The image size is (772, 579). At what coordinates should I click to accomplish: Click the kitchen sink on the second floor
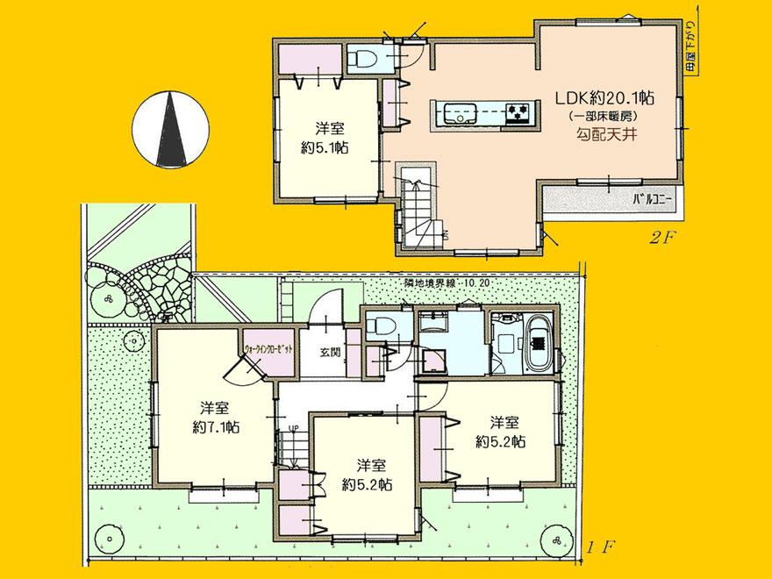click(x=458, y=113)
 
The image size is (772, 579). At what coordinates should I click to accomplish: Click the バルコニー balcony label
click(x=653, y=200)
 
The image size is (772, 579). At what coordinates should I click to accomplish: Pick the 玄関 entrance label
click(x=330, y=353)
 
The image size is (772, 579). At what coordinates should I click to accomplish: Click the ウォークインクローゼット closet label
click(x=268, y=349)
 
